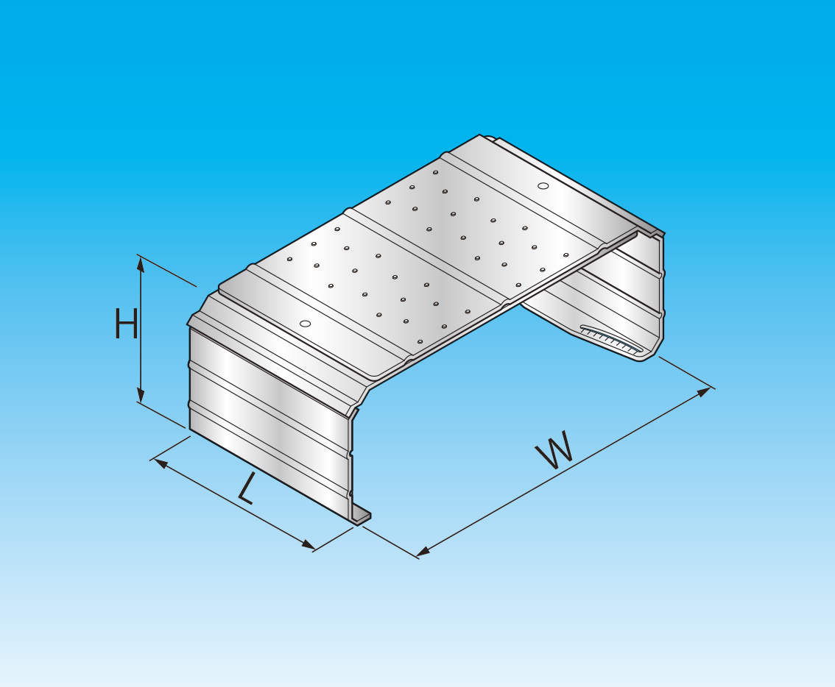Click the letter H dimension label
(x=127, y=324)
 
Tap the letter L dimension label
(x=247, y=488)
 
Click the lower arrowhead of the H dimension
(x=141, y=395)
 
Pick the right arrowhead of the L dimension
(x=308, y=544)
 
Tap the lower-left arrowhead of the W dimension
(x=424, y=552)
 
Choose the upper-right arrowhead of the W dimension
(x=703, y=392)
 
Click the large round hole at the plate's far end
(x=543, y=185)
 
